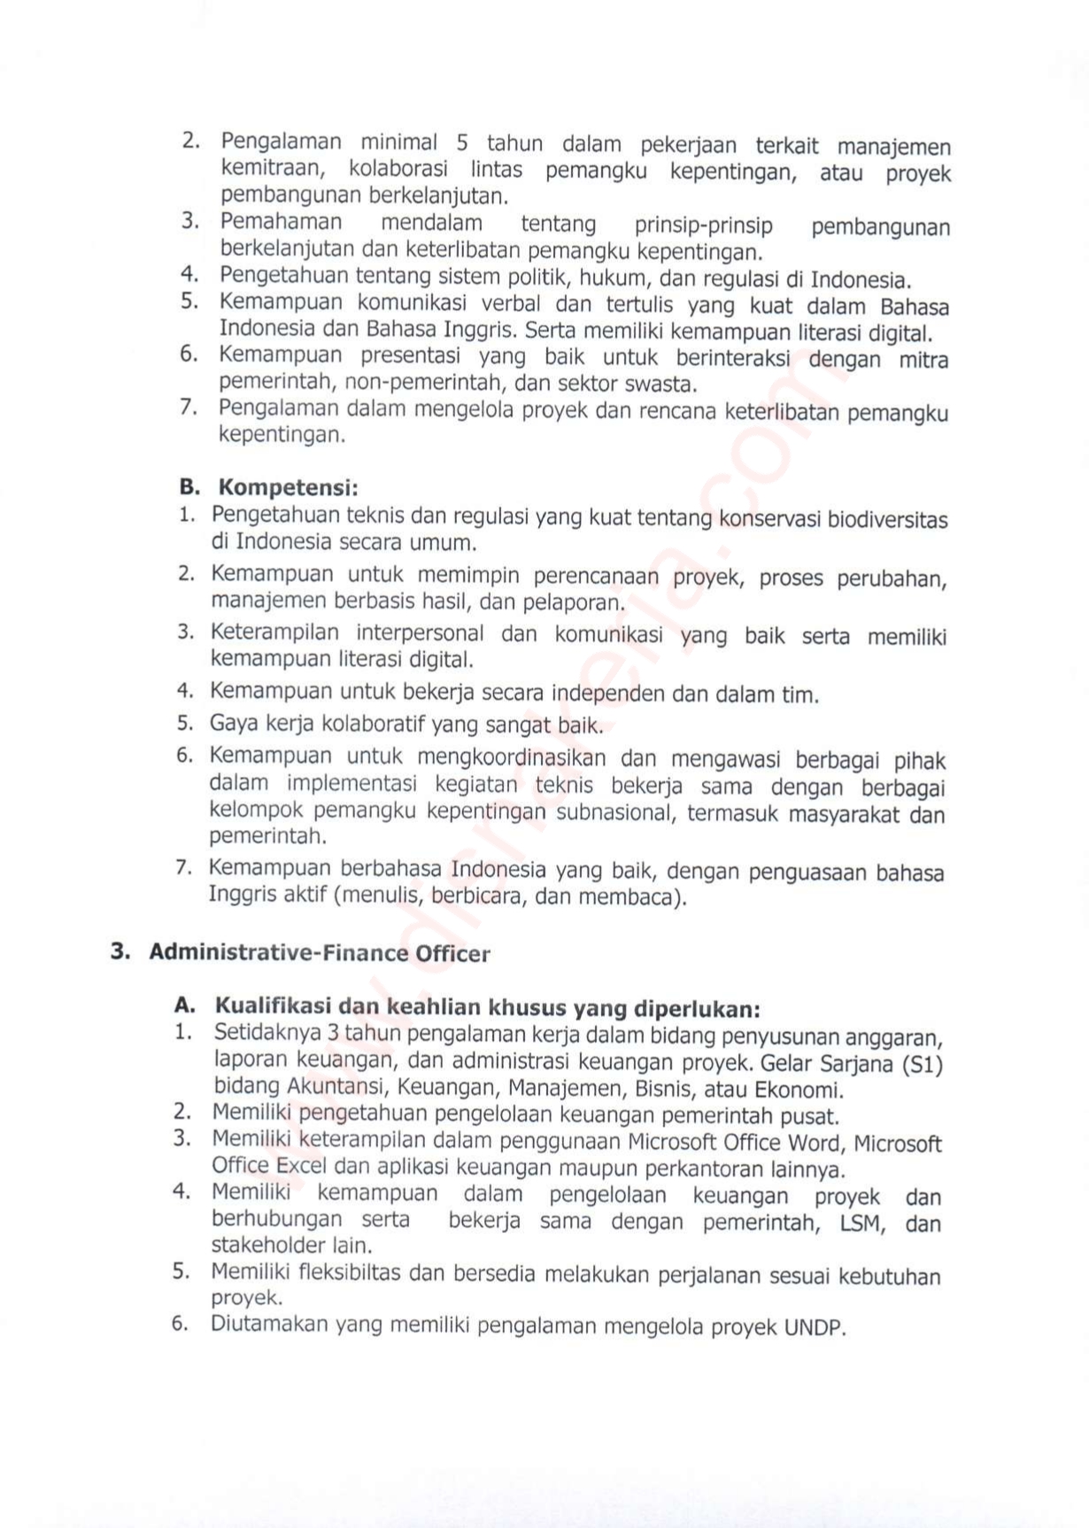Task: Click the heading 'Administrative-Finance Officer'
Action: click(319, 953)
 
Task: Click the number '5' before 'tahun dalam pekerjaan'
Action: click(462, 143)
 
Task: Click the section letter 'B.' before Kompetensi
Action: click(189, 487)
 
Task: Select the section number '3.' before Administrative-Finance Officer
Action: click(120, 952)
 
